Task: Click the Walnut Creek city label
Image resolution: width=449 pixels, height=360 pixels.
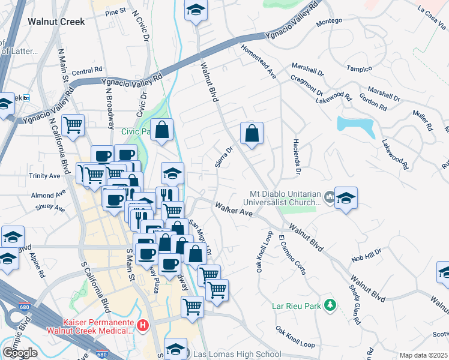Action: (56, 21)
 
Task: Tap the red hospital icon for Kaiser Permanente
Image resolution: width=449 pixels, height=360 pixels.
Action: (143, 326)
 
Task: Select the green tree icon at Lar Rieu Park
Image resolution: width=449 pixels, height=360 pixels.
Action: (329, 305)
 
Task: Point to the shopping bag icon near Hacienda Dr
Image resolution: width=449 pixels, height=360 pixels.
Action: (252, 133)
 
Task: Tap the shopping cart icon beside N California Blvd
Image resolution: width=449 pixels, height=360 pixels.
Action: (73, 125)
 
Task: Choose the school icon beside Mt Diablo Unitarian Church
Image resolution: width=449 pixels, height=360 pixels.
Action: (346, 197)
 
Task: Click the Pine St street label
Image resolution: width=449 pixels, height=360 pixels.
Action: (115, 11)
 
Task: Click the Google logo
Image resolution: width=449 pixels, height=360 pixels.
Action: (20, 352)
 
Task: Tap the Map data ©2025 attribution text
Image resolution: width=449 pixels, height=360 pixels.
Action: (423, 355)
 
